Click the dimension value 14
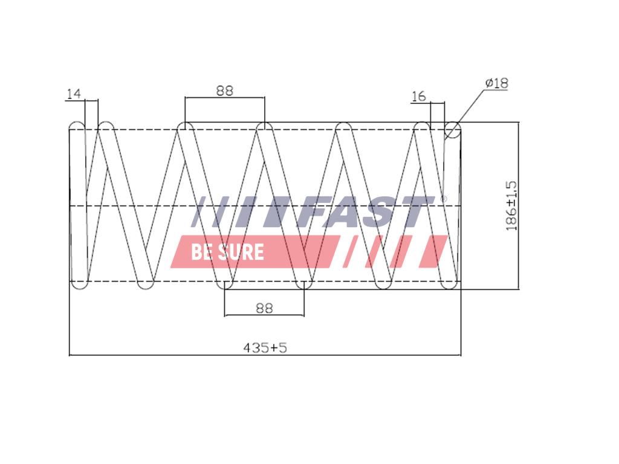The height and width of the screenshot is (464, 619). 74,94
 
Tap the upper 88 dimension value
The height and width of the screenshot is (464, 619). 225,91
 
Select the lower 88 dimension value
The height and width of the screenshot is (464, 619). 264,308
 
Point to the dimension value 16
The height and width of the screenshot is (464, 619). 419,96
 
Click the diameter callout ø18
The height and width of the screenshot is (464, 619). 497,83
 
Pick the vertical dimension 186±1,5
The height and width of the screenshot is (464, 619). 511,205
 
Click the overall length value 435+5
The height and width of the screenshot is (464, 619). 265,347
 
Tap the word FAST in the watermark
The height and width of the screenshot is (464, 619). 366,212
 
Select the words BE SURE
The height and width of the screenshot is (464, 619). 227,252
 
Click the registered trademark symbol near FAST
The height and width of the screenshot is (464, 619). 443,199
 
